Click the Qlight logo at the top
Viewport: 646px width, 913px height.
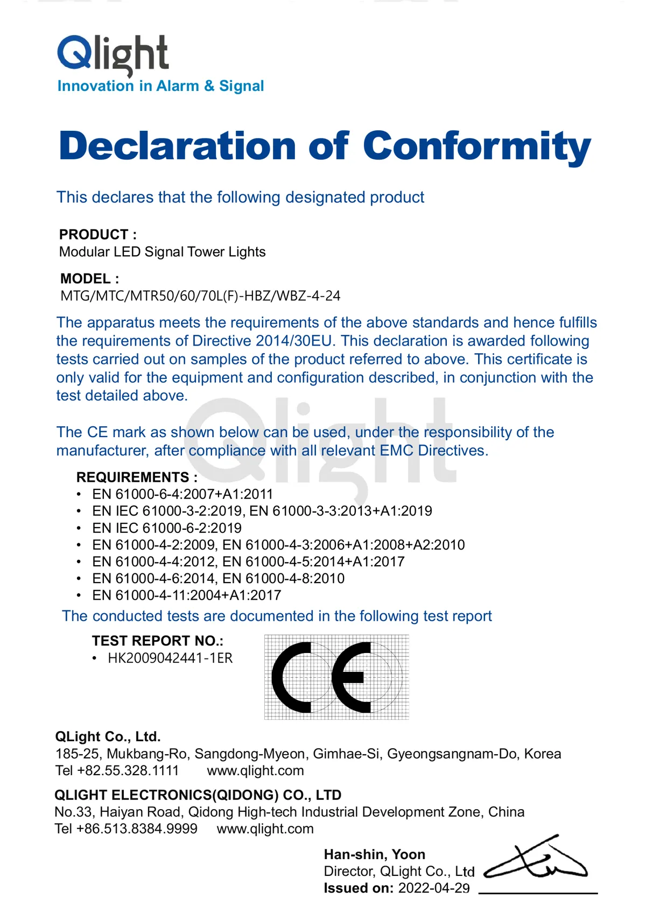click(x=113, y=54)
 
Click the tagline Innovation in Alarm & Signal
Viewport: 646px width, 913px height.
click(x=160, y=86)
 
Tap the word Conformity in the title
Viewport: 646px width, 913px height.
click(x=477, y=146)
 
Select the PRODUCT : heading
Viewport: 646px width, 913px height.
click(x=98, y=235)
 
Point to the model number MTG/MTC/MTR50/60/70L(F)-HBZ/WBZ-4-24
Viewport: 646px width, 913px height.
click(x=200, y=296)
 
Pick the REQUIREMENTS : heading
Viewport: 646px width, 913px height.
click(x=137, y=477)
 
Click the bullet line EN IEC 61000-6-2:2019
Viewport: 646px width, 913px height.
click(x=167, y=528)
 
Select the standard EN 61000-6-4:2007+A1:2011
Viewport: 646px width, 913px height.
click(x=182, y=494)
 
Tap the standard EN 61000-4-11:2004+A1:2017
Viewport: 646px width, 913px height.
click(x=187, y=595)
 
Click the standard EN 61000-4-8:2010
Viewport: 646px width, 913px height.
click(x=284, y=578)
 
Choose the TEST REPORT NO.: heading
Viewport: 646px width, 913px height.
click(x=157, y=641)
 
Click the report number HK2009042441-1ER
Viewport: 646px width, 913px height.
click(x=170, y=658)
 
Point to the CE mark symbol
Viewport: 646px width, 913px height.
click(x=336, y=677)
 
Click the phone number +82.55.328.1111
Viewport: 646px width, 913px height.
click(x=128, y=770)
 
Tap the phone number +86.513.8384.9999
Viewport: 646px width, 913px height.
click(x=137, y=828)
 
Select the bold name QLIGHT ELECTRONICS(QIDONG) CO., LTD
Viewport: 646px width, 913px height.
click(x=198, y=795)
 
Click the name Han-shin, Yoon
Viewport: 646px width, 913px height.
click(x=375, y=854)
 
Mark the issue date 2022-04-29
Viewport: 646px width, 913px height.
click(x=434, y=888)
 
